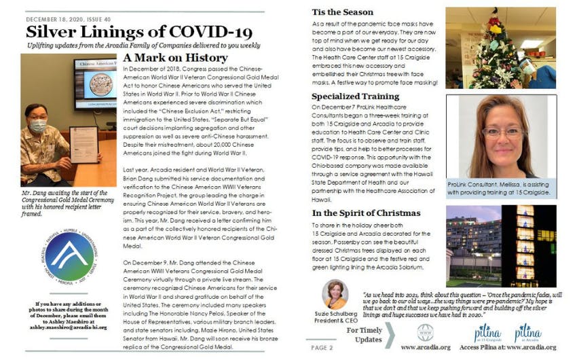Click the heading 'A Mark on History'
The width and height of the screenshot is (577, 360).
click(x=175, y=58)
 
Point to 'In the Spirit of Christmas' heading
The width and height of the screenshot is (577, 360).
click(x=366, y=213)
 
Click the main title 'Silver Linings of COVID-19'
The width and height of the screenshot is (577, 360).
click(x=138, y=31)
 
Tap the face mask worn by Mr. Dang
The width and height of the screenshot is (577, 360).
click(x=39, y=127)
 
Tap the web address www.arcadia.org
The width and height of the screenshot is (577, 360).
click(x=426, y=346)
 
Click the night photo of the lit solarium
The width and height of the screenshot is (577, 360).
click(x=500, y=246)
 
